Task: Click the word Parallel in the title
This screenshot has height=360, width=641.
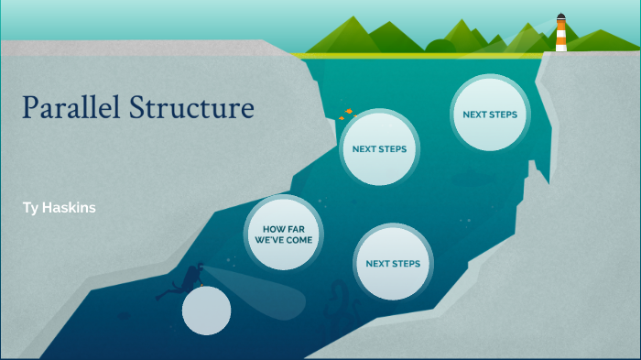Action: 71,108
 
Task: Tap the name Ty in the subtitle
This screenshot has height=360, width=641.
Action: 31,208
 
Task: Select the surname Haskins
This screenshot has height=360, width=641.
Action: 70,208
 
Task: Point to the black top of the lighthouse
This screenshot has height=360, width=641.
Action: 560,16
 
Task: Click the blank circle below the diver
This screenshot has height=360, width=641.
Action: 206,311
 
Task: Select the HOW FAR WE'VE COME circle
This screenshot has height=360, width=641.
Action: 284,233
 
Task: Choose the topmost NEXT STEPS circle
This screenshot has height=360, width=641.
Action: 490,115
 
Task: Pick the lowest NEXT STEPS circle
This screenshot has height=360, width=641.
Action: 393,264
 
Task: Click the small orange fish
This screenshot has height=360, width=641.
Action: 347,114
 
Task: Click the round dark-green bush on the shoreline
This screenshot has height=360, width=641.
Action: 440,47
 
